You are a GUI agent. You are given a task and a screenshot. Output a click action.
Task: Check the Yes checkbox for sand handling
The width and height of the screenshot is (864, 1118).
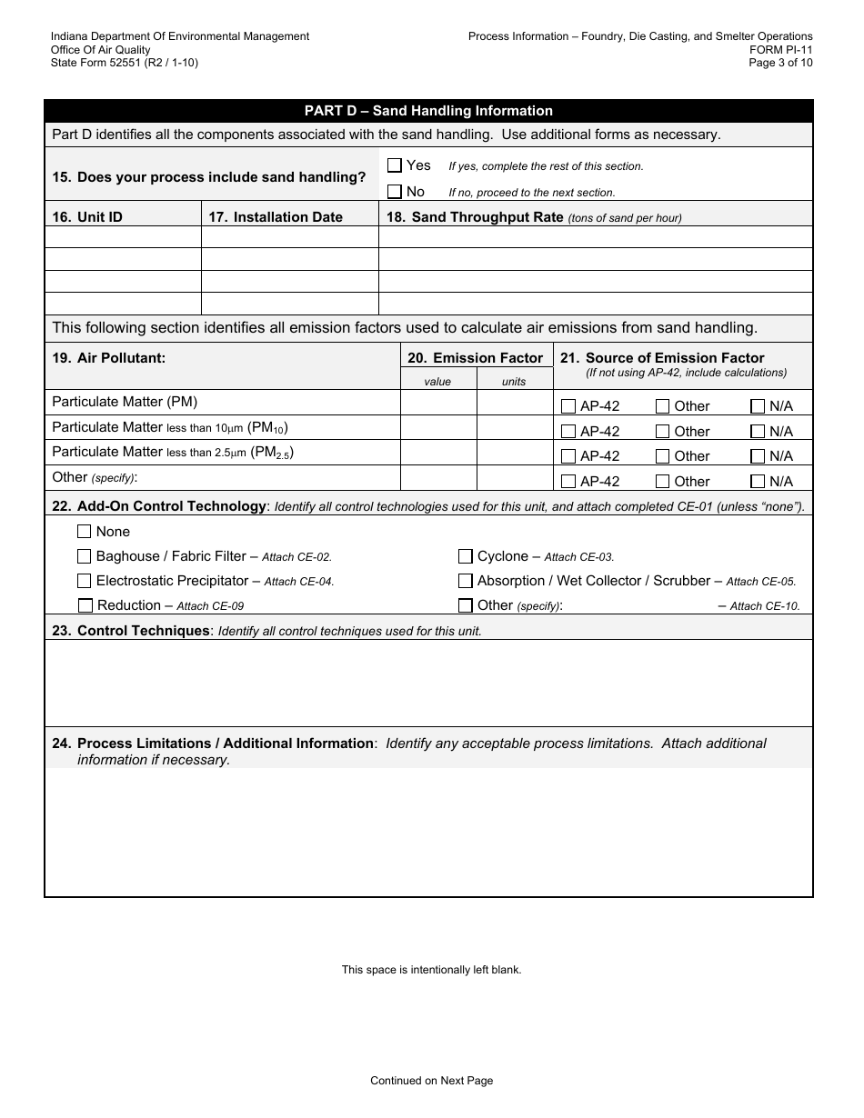tap(395, 165)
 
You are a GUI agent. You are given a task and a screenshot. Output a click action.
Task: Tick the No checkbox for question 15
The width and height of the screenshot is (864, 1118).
tap(395, 192)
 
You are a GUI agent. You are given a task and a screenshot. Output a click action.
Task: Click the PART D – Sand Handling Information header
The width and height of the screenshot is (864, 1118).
tap(428, 111)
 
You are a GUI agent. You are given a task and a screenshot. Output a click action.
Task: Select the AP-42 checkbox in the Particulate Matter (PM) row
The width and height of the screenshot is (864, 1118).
tap(568, 406)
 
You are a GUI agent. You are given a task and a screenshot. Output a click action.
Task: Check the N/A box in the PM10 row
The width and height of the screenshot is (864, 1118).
tap(758, 432)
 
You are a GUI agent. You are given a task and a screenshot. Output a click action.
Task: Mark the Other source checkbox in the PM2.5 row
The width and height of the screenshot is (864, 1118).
tap(663, 456)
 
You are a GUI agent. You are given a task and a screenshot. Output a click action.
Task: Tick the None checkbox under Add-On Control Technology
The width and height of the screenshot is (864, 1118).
tap(85, 532)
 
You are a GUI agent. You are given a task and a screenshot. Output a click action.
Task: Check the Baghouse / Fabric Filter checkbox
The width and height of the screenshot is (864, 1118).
tap(85, 556)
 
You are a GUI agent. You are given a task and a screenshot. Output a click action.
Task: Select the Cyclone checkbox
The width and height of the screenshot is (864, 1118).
tap(466, 556)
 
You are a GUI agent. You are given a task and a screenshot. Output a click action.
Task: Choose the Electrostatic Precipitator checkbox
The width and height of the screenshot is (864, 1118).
tap(85, 581)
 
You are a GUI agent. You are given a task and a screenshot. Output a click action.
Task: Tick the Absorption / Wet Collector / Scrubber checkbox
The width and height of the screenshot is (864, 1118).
tap(466, 581)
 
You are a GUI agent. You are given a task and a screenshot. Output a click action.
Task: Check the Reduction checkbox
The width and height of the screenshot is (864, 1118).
tap(85, 605)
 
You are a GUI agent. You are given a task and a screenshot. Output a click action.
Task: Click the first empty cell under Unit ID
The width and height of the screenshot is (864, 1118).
tap(123, 237)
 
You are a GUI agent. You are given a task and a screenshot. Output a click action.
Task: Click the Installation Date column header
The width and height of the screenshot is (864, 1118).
tap(276, 217)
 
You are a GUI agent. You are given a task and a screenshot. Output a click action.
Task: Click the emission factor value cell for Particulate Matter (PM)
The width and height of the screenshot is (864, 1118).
tap(438, 403)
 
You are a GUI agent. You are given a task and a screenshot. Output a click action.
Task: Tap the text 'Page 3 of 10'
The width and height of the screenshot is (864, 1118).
tap(780, 63)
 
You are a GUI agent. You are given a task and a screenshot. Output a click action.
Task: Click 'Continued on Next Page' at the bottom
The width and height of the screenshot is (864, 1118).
tap(431, 1081)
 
